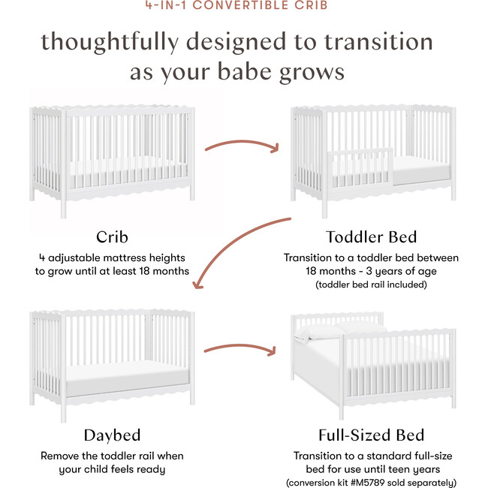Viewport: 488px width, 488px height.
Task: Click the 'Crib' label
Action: click(111, 237)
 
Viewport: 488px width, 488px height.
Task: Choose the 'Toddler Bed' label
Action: click(371, 237)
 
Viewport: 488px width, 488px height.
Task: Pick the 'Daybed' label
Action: click(111, 435)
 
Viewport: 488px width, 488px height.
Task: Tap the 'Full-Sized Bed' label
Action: click(371, 435)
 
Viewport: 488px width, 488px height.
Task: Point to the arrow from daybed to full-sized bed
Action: click(241, 351)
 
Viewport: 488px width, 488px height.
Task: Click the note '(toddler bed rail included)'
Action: click(371, 285)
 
